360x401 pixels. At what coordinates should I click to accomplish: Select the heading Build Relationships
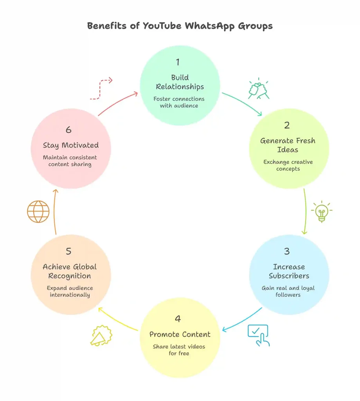pyautogui.click(x=180, y=82)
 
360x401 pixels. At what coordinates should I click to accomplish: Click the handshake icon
pyautogui.click(x=259, y=90)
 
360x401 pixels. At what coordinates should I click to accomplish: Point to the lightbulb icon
pyautogui.click(x=322, y=211)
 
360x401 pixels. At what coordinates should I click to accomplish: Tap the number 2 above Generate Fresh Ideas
pyautogui.click(x=287, y=126)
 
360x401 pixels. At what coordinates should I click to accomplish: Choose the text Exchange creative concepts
pyautogui.click(x=288, y=165)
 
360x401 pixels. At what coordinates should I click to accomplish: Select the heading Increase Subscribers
pyautogui.click(x=289, y=271)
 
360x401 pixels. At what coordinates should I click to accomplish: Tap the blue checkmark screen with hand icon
pyautogui.click(x=259, y=335)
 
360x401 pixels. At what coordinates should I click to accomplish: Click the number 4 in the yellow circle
pyautogui.click(x=178, y=319)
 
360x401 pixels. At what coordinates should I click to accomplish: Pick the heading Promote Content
pyautogui.click(x=180, y=334)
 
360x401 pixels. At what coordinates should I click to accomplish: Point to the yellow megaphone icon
pyautogui.click(x=101, y=336)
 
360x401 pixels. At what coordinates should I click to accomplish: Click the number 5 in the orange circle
pyautogui.click(x=69, y=251)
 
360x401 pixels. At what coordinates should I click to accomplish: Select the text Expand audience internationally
pyautogui.click(x=70, y=291)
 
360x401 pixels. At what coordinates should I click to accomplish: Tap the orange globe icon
pyautogui.click(x=38, y=211)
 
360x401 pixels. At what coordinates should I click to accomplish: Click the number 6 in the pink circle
pyautogui.click(x=69, y=130)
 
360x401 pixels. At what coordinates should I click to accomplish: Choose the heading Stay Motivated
pyautogui.click(x=71, y=145)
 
